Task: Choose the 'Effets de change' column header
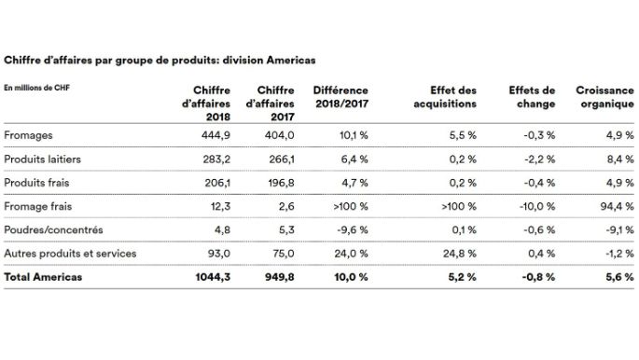click(532, 97)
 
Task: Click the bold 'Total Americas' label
click(43, 278)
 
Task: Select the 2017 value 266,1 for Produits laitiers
click(281, 159)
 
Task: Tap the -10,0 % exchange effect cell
click(537, 206)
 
